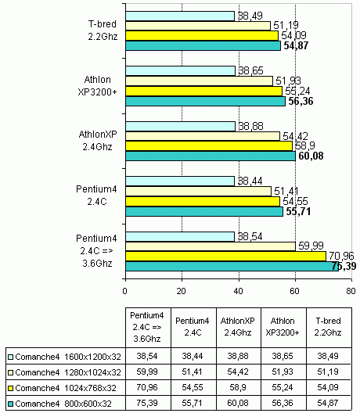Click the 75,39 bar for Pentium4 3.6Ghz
(x=232, y=266)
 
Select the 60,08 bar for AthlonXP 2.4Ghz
(x=211, y=156)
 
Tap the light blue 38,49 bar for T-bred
(x=180, y=16)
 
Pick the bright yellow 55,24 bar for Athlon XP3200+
(x=203, y=92)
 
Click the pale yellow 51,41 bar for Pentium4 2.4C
(x=199, y=191)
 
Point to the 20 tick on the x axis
(x=182, y=279)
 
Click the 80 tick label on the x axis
(x=351, y=291)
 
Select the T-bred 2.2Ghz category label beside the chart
(x=103, y=31)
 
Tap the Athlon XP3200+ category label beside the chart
(x=97, y=86)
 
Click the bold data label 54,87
(x=296, y=46)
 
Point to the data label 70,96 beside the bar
(x=341, y=256)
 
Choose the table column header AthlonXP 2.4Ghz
(x=238, y=327)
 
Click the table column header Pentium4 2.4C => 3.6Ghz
(x=147, y=327)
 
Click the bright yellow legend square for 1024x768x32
(x=10, y=388)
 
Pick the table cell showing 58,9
(x=238, y=387)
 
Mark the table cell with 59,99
(x=147, y=372)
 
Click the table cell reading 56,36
(x=283, y=403)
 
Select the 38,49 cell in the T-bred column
(x=328, y=357)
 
